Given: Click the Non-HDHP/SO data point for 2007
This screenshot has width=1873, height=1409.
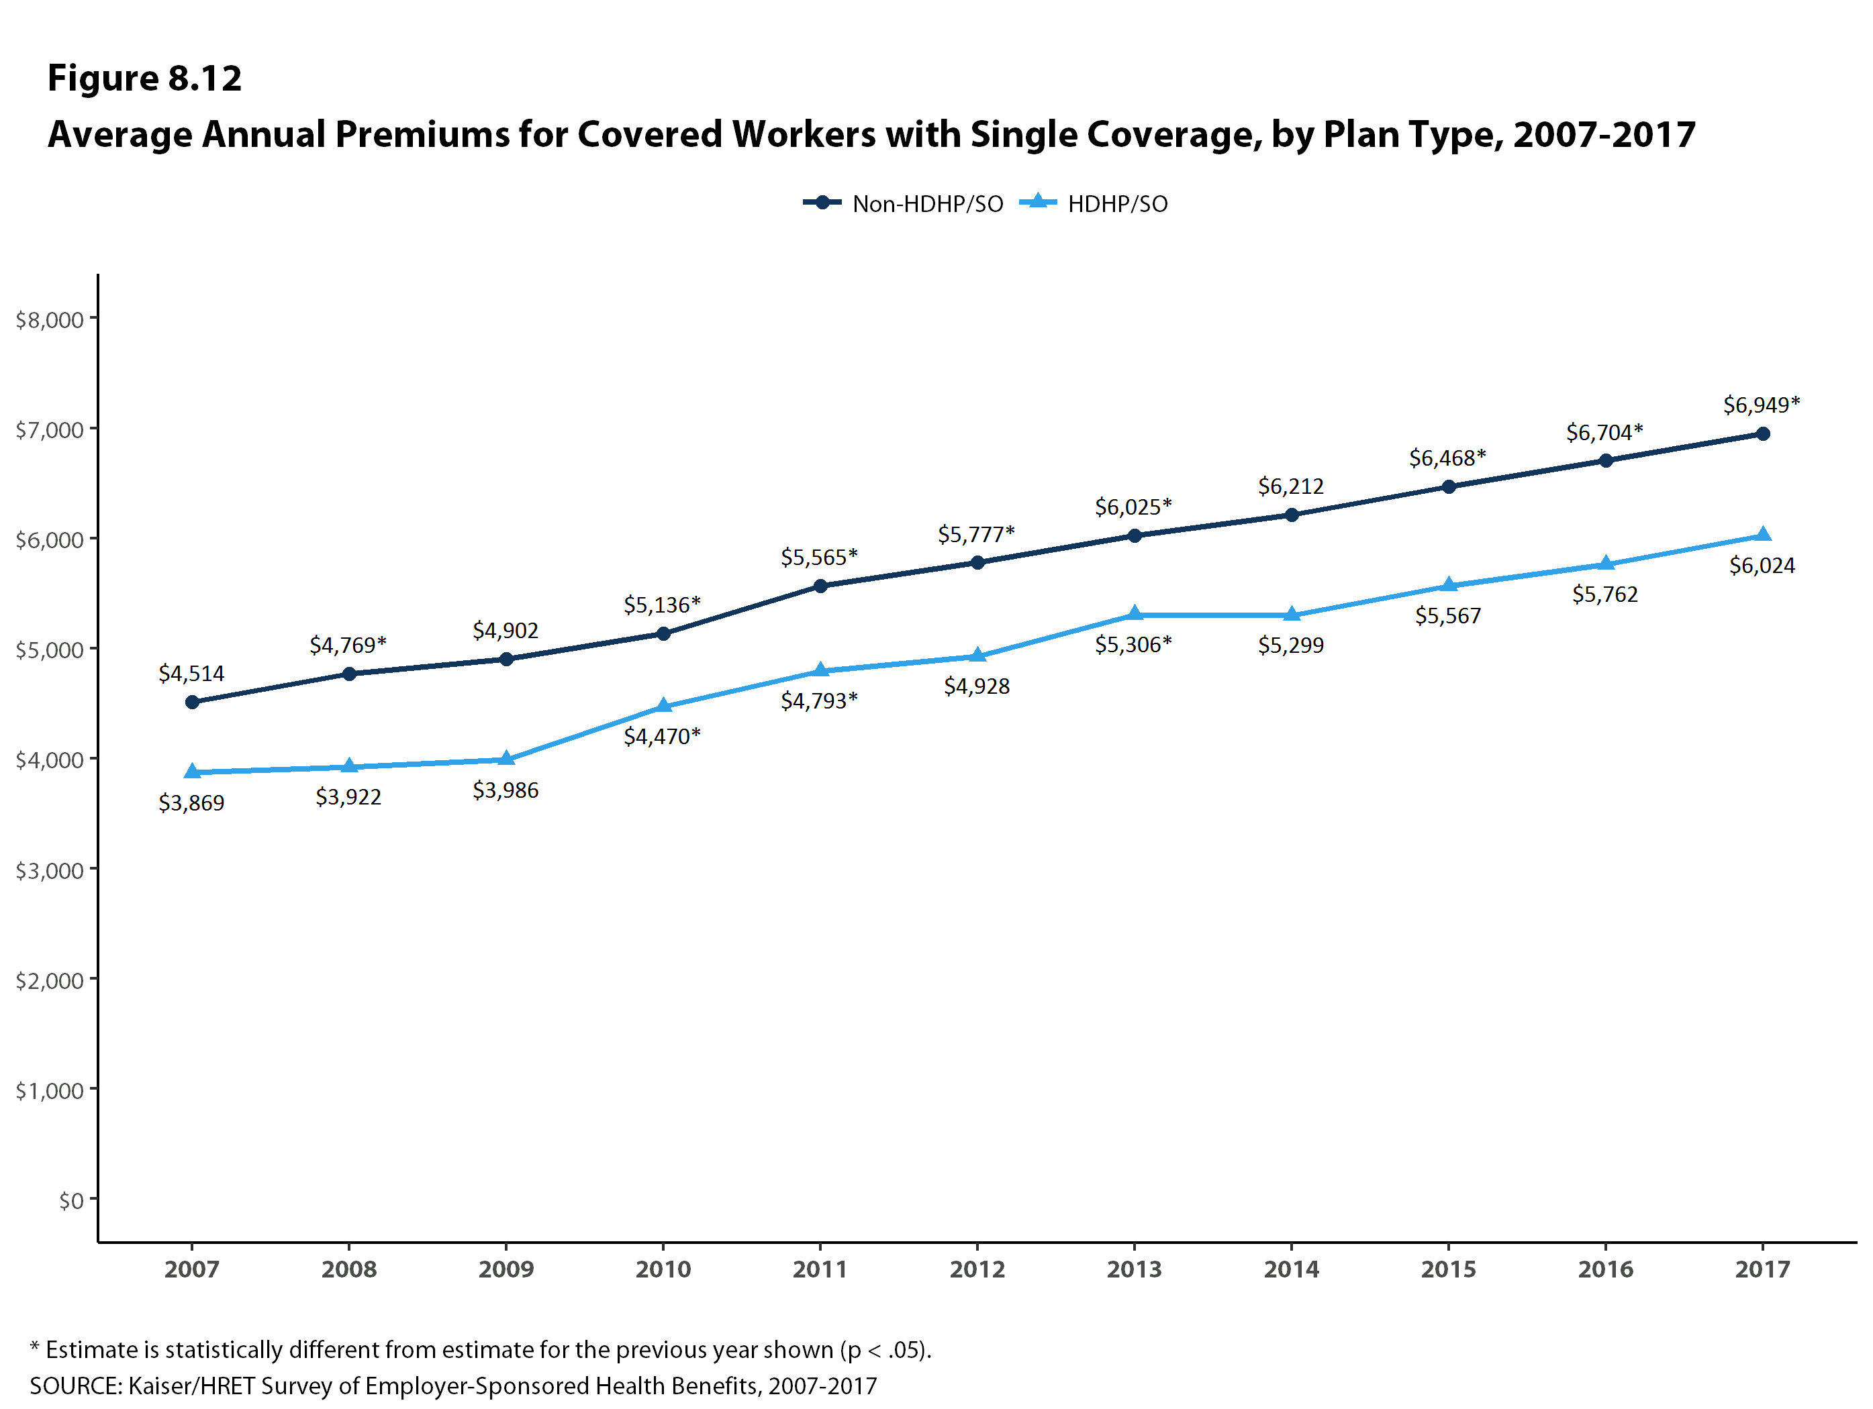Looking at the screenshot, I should coord(192,702).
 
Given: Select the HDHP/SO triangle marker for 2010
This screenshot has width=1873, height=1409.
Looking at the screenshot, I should coord(664,706).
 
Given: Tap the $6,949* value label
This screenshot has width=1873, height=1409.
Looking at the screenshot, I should coord(1762,405).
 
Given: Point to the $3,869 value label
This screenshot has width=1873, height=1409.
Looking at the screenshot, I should coord(191,802).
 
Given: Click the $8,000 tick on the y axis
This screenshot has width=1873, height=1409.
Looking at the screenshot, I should coord(50,319).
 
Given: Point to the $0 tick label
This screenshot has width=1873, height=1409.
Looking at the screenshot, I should coord(71,1200).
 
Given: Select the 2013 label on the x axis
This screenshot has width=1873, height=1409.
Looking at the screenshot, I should coord(1135,1269).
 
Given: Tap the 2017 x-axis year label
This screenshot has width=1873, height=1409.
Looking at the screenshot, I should coord(1763,1269).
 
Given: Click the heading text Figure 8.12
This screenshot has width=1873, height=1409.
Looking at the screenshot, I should coord(145,78).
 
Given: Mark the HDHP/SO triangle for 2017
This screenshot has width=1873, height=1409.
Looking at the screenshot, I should coord(1763,535).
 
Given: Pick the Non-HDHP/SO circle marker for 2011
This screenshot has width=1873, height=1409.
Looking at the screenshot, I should coord(820,586).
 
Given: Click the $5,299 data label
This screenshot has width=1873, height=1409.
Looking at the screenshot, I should coord(1290,645).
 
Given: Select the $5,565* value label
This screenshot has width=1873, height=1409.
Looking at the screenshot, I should coord(819,557).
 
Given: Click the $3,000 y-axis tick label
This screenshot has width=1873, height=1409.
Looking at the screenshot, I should coord(50,870).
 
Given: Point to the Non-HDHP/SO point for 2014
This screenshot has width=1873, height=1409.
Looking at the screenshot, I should coord(1291,515).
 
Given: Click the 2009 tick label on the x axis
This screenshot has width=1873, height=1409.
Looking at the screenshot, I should coord(506,1269).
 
